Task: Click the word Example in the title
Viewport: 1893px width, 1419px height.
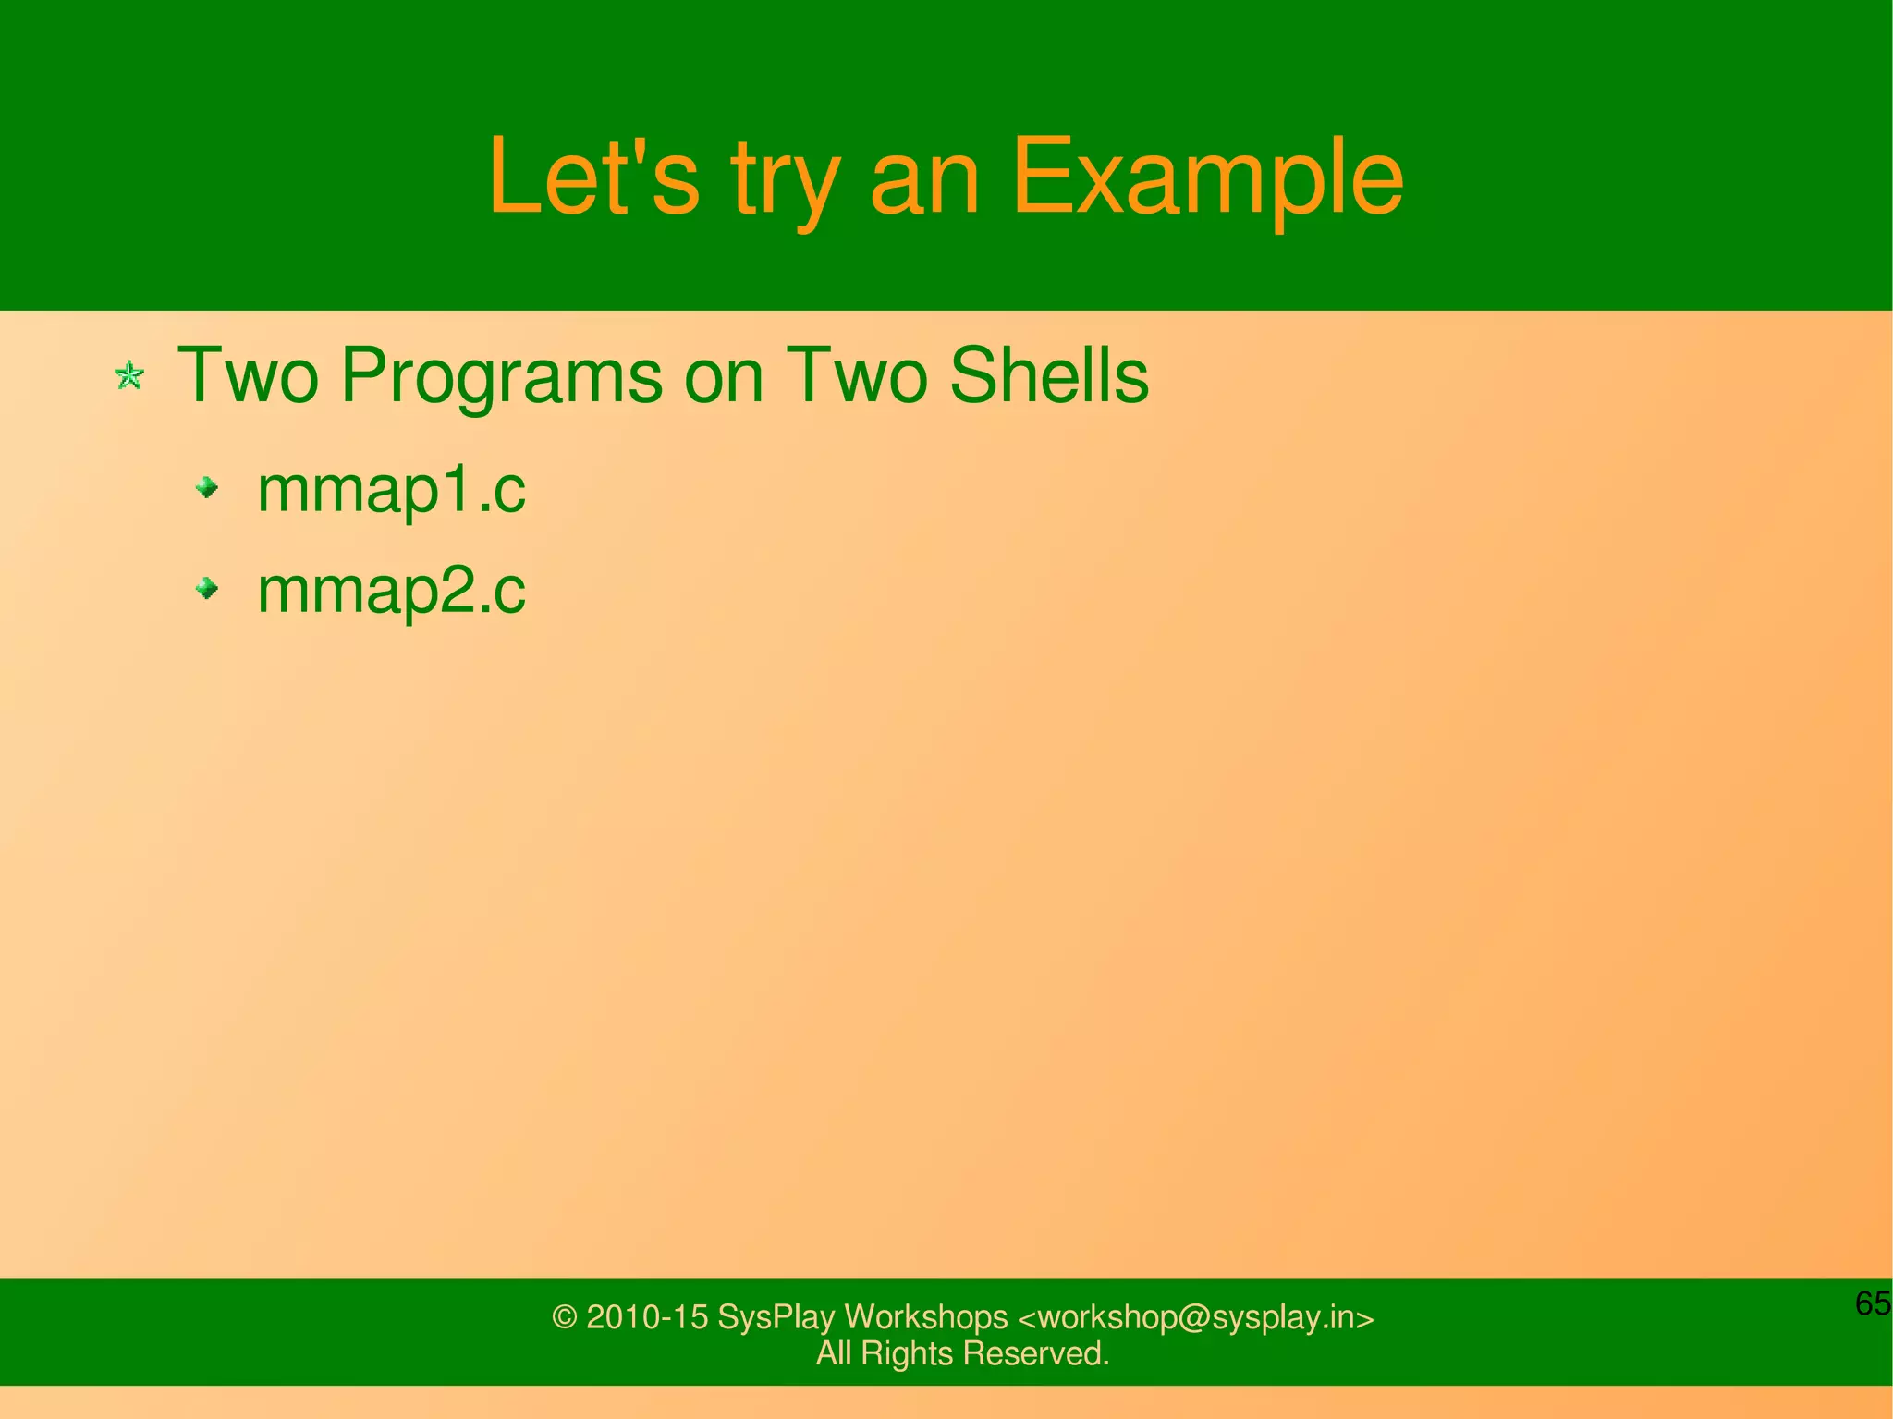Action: [x=1207, y=177]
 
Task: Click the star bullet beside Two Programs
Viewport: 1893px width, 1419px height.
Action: [x=129, y=375]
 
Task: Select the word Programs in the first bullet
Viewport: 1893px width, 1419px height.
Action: [x=500, y=377]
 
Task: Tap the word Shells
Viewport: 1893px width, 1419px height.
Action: [x=1049, y=375]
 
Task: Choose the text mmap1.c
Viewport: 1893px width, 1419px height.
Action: [x=391, y=490]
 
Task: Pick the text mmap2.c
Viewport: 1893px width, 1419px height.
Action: [x=391, y=591]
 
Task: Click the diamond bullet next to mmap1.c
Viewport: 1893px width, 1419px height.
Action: [x=208, y=486]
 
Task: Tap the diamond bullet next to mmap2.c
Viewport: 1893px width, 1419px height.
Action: [x=208, y=587]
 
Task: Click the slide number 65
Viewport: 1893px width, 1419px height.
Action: [x=1873, y=1303]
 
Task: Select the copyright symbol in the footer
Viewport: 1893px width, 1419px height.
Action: [x=564, y=1317]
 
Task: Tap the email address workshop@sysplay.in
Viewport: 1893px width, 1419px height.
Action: [x=1195, y=1317]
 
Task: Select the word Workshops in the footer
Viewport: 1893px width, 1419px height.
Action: [x=925, y=1317]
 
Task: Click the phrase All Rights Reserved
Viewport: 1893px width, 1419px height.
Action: [x=962, y=1354]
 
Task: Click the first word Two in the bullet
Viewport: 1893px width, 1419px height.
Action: [x=248, y=375]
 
